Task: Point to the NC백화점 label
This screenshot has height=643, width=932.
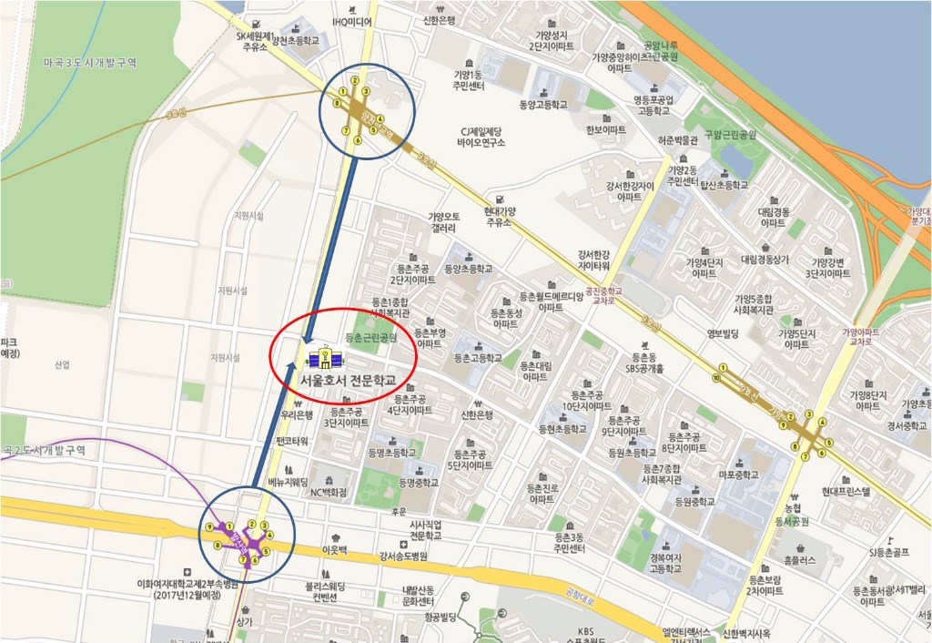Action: pos(329,493)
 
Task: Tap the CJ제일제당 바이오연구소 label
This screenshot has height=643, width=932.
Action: pos(481,137)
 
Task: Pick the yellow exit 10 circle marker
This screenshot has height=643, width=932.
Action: pos(717,377)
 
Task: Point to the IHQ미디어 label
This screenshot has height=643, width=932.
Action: pos(352,21)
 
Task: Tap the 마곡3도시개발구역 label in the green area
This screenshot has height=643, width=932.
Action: pos(89,63)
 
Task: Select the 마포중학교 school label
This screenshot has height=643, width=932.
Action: pos(739,475)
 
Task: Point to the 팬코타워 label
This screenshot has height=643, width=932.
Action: pos(293,441)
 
